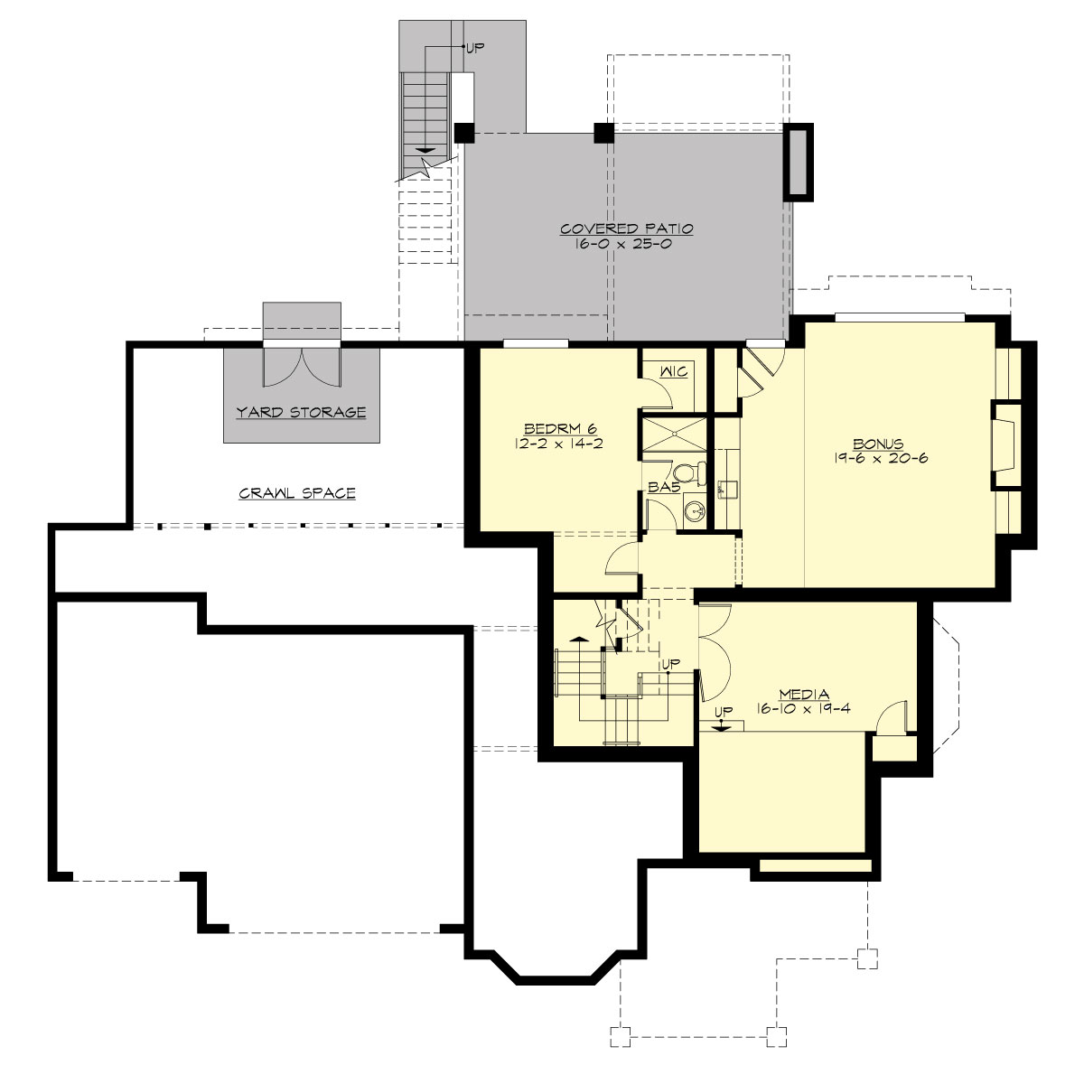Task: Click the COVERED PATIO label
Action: pyautogui.click(x=626, y=229)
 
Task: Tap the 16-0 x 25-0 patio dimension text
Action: pyautogui.click(x=626, y=245)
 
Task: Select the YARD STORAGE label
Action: pyautogui.click(x=301, y=412)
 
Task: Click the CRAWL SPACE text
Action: pyautogui.click(x=297, y=493)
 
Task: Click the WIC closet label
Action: pyautogui.click(x=674, y=371)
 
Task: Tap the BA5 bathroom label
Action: pyautogui.click(x=659, y=488)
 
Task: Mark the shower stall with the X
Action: pyautogui.click(x=674, y=433)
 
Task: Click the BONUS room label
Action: pyautogui.click(x=878, y=444)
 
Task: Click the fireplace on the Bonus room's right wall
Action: pyautogui.click(x=1003, y=445)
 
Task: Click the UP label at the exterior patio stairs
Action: pyautogui.click(x=475, y=47)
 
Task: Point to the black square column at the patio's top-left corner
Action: pyautogui.click(x=463, y=132)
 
